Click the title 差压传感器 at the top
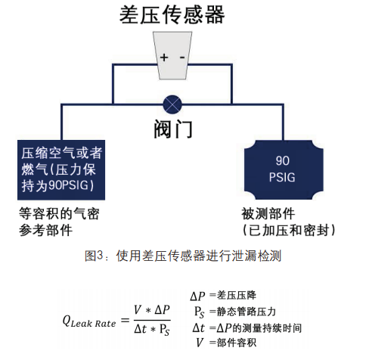(x=172, y=15)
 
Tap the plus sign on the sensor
(x=164, y=57)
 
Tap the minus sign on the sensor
(x=182, y=57)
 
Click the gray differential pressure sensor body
(x=172, y=55)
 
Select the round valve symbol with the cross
(x=172, y=104)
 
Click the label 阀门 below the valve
(x=173, y=129)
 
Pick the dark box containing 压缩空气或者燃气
(x=61, y=170)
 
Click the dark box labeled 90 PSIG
(x=284, y=169)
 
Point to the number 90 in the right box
(x=282, y=161)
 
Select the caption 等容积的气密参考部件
(x=60, y=222)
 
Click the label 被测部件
(x=268, y=214)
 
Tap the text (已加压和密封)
(x=289, y=230)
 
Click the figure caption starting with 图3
(x=183, y=256)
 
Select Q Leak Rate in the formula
(x=89, y=321)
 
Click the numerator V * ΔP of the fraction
(x=152, y=310)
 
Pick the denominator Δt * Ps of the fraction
(x=152, y=329)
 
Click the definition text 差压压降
(x=237, y=295)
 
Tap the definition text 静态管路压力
(x=247, y=312)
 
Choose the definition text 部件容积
(x=237, y=343)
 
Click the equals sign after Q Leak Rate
(x=125, y=321)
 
